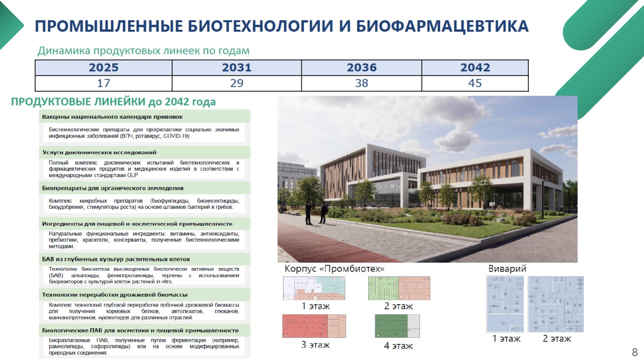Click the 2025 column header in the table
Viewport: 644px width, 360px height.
tap(104, 67)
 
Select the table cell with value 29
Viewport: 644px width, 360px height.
tap(236, 83)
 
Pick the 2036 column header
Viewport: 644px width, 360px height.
tap(361, 67)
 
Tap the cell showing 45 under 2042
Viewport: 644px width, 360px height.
tap(475, 83)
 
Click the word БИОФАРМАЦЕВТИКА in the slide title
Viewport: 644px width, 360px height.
tap(442, 26)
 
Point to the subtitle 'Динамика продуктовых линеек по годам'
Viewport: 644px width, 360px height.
tap(143, 51)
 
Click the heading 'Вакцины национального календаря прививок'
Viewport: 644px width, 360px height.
tap(112, 117)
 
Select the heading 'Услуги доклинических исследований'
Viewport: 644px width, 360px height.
tap(99, 152)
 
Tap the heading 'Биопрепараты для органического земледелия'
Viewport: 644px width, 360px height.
tap(113, 188)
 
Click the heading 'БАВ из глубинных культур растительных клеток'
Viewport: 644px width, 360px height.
tap(116, 259)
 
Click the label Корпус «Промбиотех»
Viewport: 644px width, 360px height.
tap(335, 269)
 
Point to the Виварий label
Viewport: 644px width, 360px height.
tap(507, 269)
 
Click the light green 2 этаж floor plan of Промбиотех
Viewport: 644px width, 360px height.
tap(399, 288)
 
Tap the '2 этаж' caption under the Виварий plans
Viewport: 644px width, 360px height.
tap(557, 339)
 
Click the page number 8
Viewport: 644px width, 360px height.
tap(634, 351)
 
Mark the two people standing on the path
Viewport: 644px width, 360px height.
tap(315, 212)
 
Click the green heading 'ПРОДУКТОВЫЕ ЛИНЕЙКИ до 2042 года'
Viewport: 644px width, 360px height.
tap(113, 102)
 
